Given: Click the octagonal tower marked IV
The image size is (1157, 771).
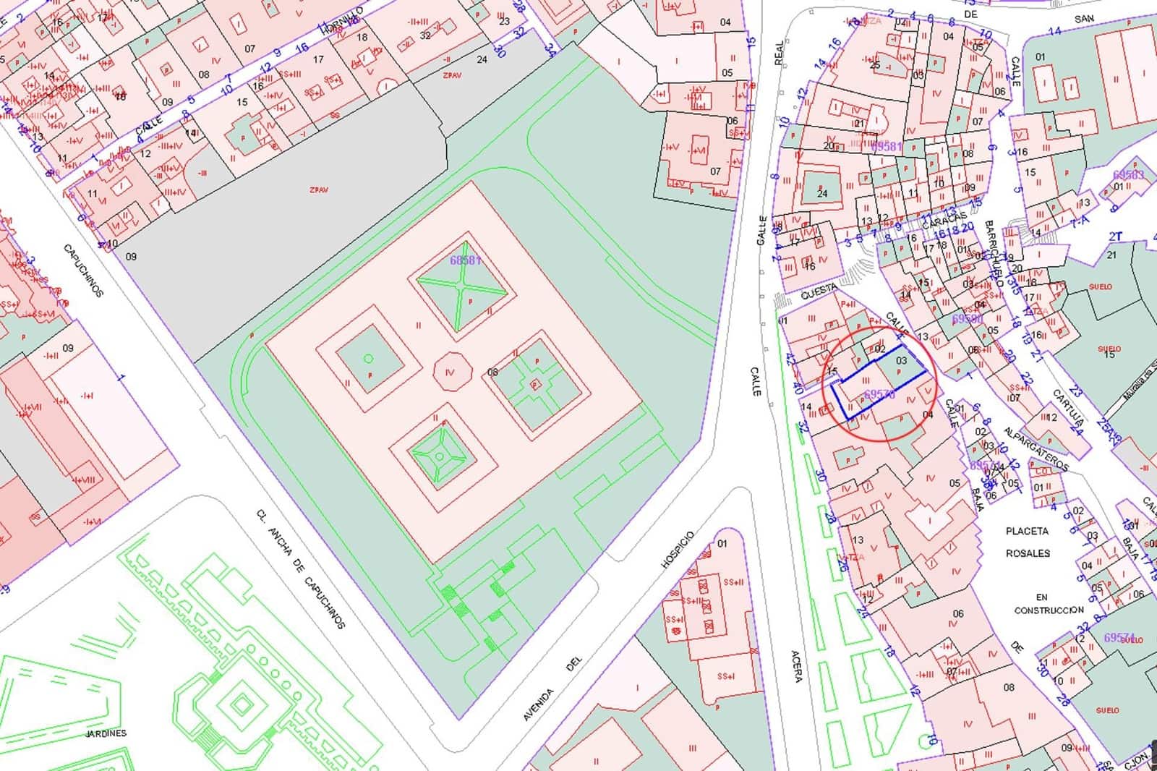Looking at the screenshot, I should [453, 372].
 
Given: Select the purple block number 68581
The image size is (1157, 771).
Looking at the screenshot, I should [465, 260].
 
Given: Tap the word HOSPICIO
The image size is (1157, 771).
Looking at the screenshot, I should [677, 550].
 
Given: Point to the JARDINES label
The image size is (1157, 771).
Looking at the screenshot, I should [106, 733].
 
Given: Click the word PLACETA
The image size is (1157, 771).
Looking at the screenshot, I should [1027, 531].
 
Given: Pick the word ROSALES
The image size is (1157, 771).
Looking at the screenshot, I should [1028, 553].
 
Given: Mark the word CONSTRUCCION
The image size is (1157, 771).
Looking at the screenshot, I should [1049, 610].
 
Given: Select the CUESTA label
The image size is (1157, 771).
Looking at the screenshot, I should [819, 294].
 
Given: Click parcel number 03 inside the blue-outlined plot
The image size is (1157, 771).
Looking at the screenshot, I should [901, 360].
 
